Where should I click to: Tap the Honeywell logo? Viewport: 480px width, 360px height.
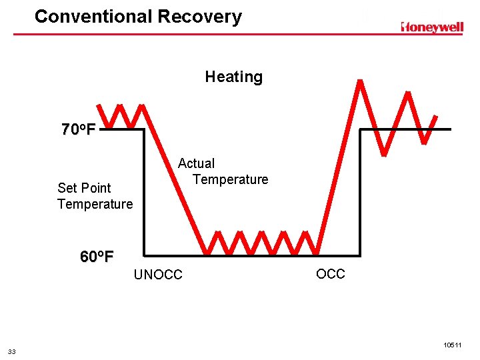[x=431, y=27]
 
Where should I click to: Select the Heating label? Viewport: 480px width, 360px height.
[x=233, y=77]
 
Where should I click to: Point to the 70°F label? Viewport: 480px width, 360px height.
[x=79, y=129]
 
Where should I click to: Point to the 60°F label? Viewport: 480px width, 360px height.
[x=97, y=257]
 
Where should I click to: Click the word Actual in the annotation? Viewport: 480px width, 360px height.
[x=196, y=163]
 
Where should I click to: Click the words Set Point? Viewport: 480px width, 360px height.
[x=84, y=188]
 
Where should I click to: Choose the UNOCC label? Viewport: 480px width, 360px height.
[x=158, y=275]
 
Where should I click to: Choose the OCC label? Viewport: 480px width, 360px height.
[x=330, y=274]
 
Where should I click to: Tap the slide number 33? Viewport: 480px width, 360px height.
[x=12, y=351]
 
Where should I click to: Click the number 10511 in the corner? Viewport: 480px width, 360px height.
[x=451, y=345]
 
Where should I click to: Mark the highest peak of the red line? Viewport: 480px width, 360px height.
[x=360, y=82]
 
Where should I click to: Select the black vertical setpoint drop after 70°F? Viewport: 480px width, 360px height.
[x=145, y=193]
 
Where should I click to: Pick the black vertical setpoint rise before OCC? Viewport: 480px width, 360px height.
[x=360, y=193]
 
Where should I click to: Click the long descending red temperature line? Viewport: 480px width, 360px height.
[x=175, y=180]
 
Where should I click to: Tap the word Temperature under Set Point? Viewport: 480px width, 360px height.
[x=95, y=204]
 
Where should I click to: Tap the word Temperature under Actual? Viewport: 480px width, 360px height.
[x=230, y=179]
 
